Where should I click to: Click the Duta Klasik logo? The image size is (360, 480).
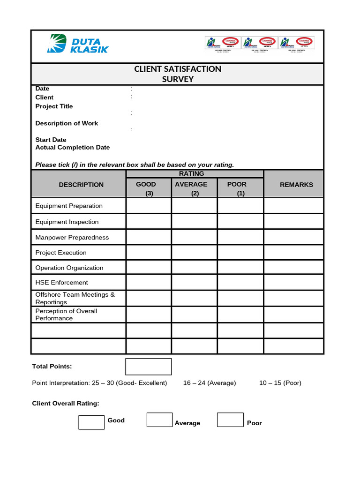78,43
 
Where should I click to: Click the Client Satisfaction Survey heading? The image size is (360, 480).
178,74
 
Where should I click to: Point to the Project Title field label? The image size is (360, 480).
54,106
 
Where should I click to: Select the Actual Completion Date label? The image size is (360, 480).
73,147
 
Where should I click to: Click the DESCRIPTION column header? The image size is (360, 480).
81,185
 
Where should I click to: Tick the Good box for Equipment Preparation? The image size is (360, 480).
149,205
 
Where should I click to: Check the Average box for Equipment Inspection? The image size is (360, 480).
194,221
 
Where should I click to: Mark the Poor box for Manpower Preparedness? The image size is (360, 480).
240,237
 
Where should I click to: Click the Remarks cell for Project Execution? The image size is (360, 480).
293,253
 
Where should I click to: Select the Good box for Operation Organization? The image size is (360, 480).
149,268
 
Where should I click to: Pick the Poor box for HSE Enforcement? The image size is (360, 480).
240,282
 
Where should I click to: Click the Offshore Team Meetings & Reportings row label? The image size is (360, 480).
75,298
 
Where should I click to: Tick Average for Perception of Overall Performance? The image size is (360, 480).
194,315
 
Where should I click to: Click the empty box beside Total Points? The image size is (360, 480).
149,367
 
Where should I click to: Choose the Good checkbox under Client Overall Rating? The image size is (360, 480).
91,422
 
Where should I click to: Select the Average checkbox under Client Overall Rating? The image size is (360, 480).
159,420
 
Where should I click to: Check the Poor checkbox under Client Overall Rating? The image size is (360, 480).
230,420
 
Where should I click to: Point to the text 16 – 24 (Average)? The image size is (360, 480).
210,383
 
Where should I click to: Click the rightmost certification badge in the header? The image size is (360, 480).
296,43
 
